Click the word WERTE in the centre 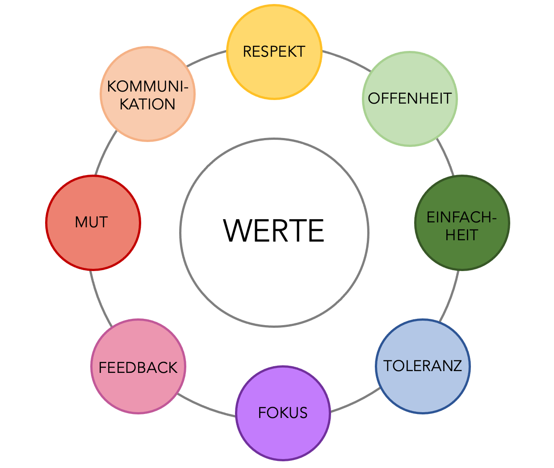pos(274,231)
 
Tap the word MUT pos(92,222)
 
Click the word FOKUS pos(283,413)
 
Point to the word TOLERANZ pos(423,366)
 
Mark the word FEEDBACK pos(138,368)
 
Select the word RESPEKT pos(274,51)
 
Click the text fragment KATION pos(147,104)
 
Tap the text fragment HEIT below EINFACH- pos(462,235)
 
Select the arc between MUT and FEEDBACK pos(99,298)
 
